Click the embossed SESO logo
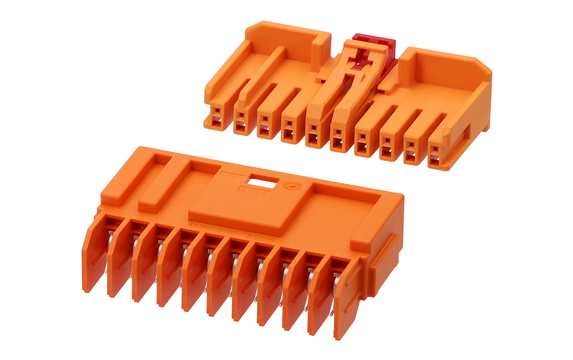pyautogui.click(x=253, y=191)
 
